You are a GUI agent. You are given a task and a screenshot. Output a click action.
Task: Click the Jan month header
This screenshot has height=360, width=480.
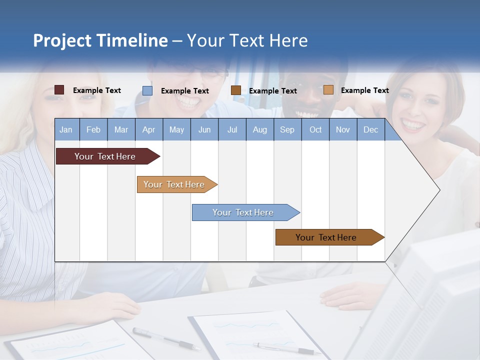(x=66, y=129)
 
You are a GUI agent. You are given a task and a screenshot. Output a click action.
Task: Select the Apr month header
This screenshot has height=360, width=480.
(x=148, y=129)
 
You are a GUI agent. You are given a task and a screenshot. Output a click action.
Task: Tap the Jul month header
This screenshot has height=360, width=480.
(x=232, y=129)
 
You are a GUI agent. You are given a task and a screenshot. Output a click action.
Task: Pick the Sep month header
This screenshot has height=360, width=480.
(x=287, y=129)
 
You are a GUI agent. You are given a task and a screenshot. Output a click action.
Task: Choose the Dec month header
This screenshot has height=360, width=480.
(x=370, y=129)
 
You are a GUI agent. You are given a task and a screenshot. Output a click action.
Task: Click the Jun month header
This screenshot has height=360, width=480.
(x=204, y=129)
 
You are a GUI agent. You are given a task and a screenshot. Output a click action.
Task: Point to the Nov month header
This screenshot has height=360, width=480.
(x=342, y=129)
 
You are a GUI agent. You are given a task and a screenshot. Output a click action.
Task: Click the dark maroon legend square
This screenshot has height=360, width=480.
(x=59, y=90)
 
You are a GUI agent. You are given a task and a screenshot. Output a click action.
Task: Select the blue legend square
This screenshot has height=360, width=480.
(x=147, y=90)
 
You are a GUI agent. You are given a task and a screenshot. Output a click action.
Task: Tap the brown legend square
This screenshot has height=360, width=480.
(x=236, y=90)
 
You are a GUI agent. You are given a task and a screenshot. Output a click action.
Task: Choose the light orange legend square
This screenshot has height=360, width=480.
(x=328, y=90)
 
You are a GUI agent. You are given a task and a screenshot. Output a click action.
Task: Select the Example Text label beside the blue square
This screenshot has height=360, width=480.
(x=184, y=91)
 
